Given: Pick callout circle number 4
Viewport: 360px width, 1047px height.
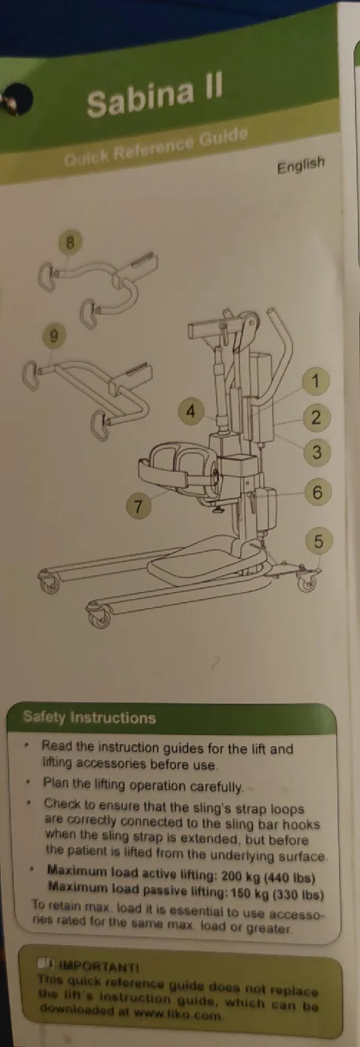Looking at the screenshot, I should click(191, 412).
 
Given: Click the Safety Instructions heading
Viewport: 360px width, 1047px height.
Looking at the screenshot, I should click(89, 718).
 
